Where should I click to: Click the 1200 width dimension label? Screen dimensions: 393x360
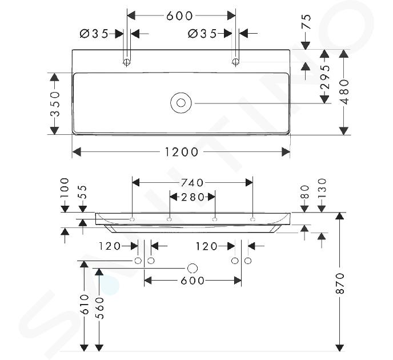pyautogui.click(x=182, y=152)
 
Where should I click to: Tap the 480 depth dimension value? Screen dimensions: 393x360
pyautogui.click(x=345, y=92)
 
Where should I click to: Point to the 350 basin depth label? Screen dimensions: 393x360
pyautogui.click(x=55, y=104)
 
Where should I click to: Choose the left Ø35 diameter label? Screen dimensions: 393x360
pyautogui.click(x=94, y=33)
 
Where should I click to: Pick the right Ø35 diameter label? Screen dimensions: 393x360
pyautogui.click(x=202, y=33)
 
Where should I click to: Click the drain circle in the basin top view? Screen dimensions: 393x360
pyautogui.click(x=181, y=103)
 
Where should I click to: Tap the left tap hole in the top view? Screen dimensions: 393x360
pyautogui.click(x=127, y=61)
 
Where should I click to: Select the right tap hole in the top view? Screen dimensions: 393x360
pyautogui.click(x=235, y=61)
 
